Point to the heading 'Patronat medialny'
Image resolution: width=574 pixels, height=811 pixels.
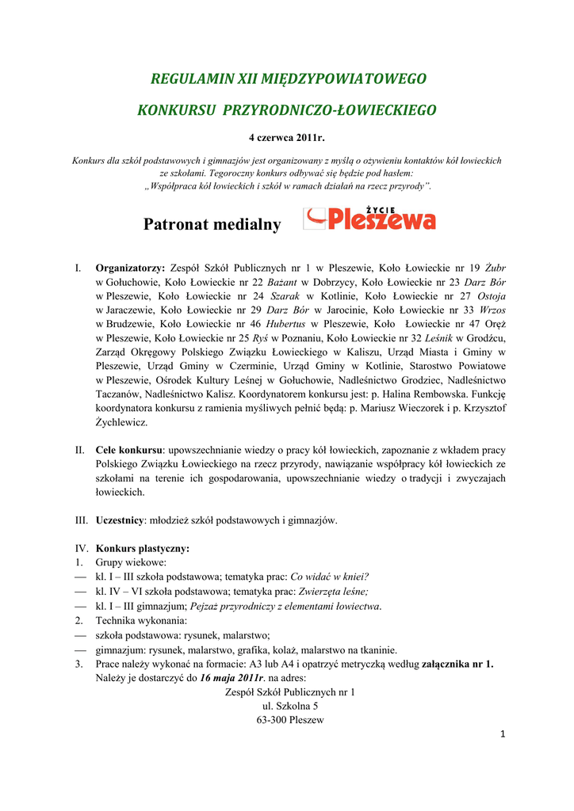pyautogui.click(x=212, y=225)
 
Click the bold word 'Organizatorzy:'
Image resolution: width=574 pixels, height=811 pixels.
pyautogui.click(x=130, y=268)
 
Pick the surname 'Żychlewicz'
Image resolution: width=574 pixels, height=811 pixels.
pyautogui.click(x=121, y=422)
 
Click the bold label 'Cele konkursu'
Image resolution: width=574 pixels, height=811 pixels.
pyautogui.click(x=129, y=450)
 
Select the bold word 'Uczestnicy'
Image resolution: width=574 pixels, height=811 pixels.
pyautogui.click(x=121, y=520)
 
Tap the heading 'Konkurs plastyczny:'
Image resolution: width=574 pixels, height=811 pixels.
pyautogui.click(x=143, y=548)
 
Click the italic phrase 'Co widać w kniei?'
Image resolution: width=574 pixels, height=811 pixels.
pyautogui.click(x=330, y=577)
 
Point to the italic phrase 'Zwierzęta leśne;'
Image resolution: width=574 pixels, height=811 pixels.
pyautogui.click(x=333, y=591)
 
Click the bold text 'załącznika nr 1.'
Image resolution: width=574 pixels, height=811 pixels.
pyautogui.click(x=457, y=664)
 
